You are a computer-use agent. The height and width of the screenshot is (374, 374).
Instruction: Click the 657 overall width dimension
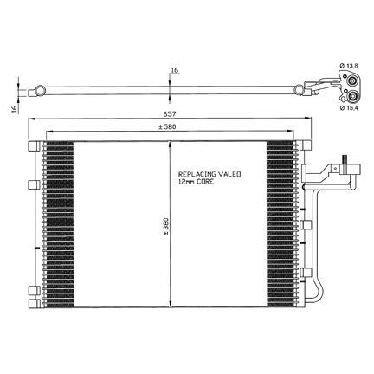[170, 114]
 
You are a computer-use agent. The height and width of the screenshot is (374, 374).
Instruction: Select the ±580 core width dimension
[167, 126]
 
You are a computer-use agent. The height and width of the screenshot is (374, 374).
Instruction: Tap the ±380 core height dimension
[166, 226]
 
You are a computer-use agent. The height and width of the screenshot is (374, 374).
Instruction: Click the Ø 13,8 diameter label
[349, 66]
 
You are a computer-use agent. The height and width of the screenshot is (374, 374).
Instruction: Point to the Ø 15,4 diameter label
[349, 107]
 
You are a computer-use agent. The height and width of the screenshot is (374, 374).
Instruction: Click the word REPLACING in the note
[197, 174]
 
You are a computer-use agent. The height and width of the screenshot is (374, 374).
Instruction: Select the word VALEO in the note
[229, 174]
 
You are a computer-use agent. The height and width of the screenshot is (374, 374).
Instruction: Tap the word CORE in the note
[205, 182]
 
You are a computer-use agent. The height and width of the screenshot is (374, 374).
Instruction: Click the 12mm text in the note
[186, 182]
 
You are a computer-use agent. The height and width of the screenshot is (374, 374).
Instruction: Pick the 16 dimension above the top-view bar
[175, 70]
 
